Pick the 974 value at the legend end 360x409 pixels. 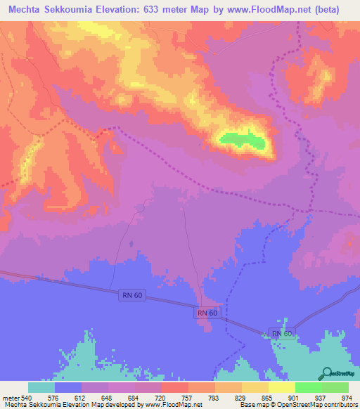pyautogui.click(x=345, y=398)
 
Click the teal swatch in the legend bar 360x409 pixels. pyautogui.click(x=41, y=387)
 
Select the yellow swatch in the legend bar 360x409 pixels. pyautogui.click(x=281, y=387)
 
